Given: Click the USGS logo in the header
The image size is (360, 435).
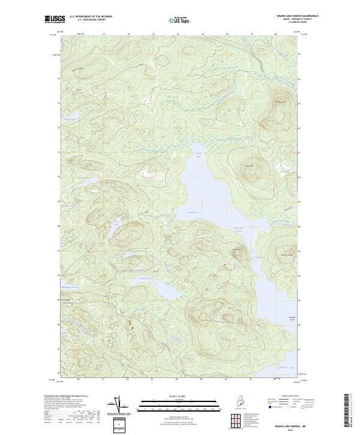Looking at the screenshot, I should point(53,20).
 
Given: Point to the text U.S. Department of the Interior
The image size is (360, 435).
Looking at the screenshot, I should point(90,16).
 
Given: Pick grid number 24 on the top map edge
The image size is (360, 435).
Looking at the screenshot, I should point(178,34).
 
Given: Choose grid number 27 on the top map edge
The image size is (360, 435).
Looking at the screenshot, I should point(251,34).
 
